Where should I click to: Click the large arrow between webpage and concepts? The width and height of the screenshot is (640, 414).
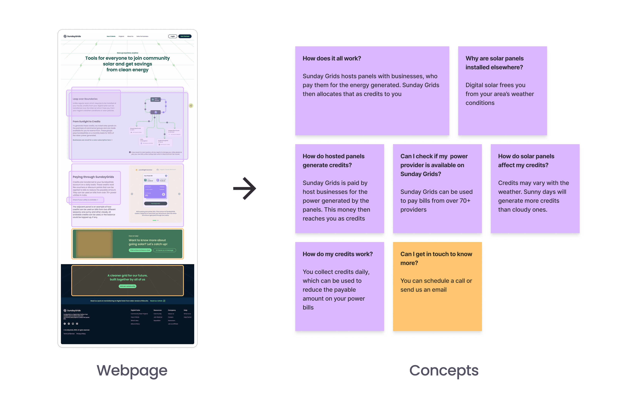pos(244,188)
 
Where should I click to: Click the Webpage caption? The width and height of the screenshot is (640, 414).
pos(132,371)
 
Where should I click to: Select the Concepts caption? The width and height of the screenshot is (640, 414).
pos(444,371)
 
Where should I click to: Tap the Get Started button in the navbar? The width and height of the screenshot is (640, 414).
pos(185,36)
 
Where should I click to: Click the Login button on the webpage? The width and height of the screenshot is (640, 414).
pos(173,36)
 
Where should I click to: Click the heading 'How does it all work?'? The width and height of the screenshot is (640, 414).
pos(332,58)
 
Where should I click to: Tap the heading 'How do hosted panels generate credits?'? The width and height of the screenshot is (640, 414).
pos(333,160)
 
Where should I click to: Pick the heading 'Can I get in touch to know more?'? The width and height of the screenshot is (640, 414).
pos(436,258)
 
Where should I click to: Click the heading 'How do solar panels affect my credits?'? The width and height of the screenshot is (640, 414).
pos(526,160)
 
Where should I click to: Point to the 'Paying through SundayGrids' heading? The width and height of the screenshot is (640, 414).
pos(93,177)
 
